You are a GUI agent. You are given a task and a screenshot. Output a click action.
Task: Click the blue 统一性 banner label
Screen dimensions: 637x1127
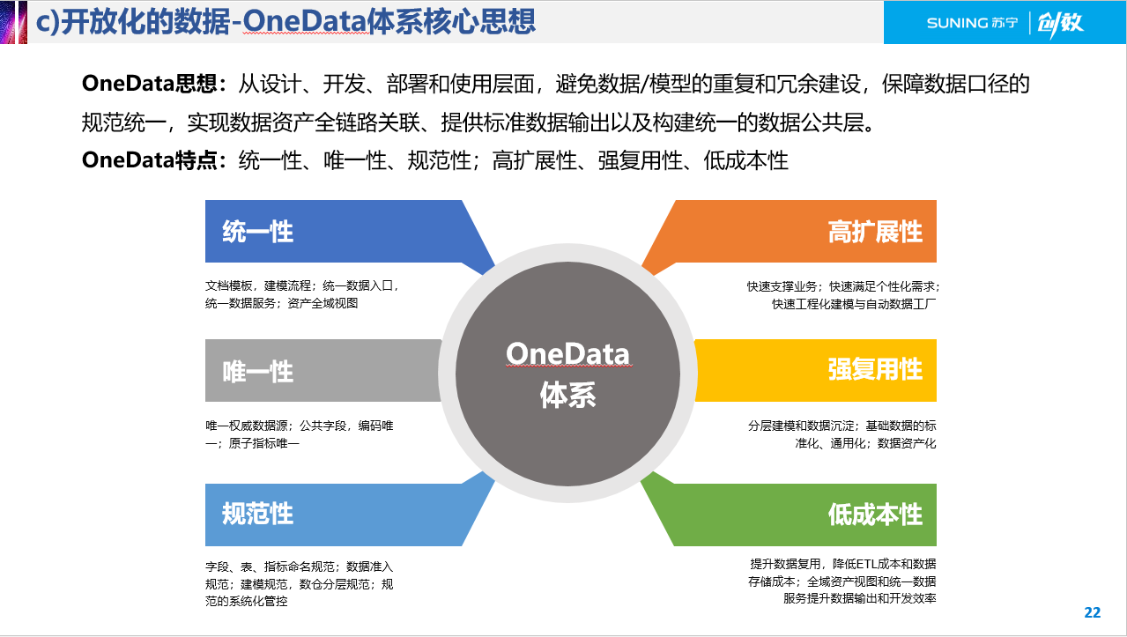click(x=257, y=232)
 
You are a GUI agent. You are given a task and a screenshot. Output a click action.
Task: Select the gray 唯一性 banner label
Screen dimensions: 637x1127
click(x=257, y=371)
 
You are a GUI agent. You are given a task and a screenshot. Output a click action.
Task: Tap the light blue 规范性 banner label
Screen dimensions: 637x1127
click(x=257, y=514)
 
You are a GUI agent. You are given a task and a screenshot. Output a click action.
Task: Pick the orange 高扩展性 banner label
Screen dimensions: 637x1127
click(x=874, y=232)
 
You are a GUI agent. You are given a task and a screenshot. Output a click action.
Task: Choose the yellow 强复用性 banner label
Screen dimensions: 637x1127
click(x=874, y=369)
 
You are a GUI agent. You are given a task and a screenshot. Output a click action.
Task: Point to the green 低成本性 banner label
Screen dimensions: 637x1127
click(x=874, y=514)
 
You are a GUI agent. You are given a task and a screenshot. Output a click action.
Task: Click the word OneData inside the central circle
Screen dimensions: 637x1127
click(x=567, y=354)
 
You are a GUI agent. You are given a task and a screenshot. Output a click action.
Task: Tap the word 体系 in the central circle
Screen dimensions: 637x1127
click(x=567, y=396)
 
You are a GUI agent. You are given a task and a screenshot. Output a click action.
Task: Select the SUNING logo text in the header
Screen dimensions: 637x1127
click(x=970, y=23)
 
